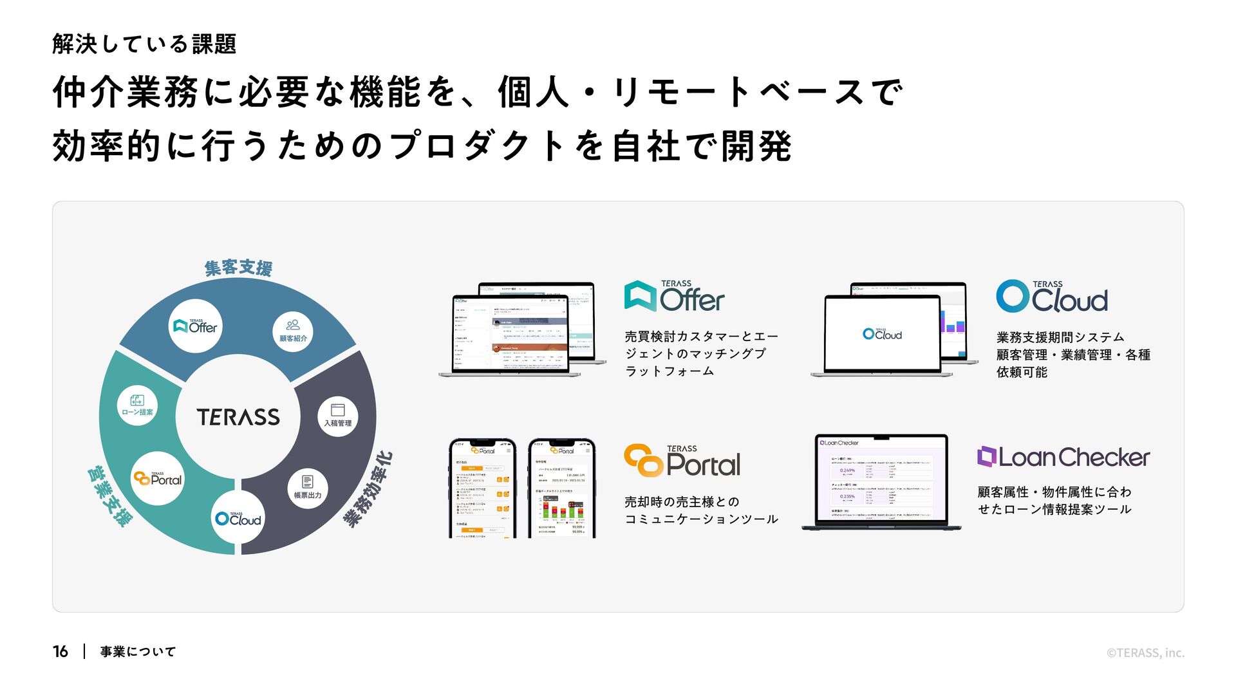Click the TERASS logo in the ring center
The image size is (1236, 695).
(x=238, y=417)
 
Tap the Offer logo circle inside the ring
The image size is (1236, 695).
(x=196, y=326)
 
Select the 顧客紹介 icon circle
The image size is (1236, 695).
(x=293, y=331)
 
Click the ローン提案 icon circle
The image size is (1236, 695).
(x=137, y=405)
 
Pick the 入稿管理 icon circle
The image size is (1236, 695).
(x=337, y=416)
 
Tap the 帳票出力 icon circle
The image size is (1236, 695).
(x=307, y=488)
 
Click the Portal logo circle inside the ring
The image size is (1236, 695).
(x=158, y=478)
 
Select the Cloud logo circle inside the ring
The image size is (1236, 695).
(x=238, y=518)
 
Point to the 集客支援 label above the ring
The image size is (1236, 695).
(x=238, y=267)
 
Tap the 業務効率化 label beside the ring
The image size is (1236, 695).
(x=368, y=489)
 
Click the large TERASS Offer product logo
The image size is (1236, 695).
(x=674, y=297)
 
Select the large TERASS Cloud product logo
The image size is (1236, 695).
(x=1052, y=297)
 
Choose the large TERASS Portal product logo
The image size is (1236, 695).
(x=682, y=461)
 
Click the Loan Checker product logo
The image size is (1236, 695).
(x=1063, y=457)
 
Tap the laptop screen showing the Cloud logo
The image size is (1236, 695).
(x=882, y=333)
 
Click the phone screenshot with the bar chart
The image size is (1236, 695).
(x=561, y=489)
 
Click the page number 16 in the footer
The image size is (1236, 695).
(x=61, y=652)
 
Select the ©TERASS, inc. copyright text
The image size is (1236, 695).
(x=1145, y=653)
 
